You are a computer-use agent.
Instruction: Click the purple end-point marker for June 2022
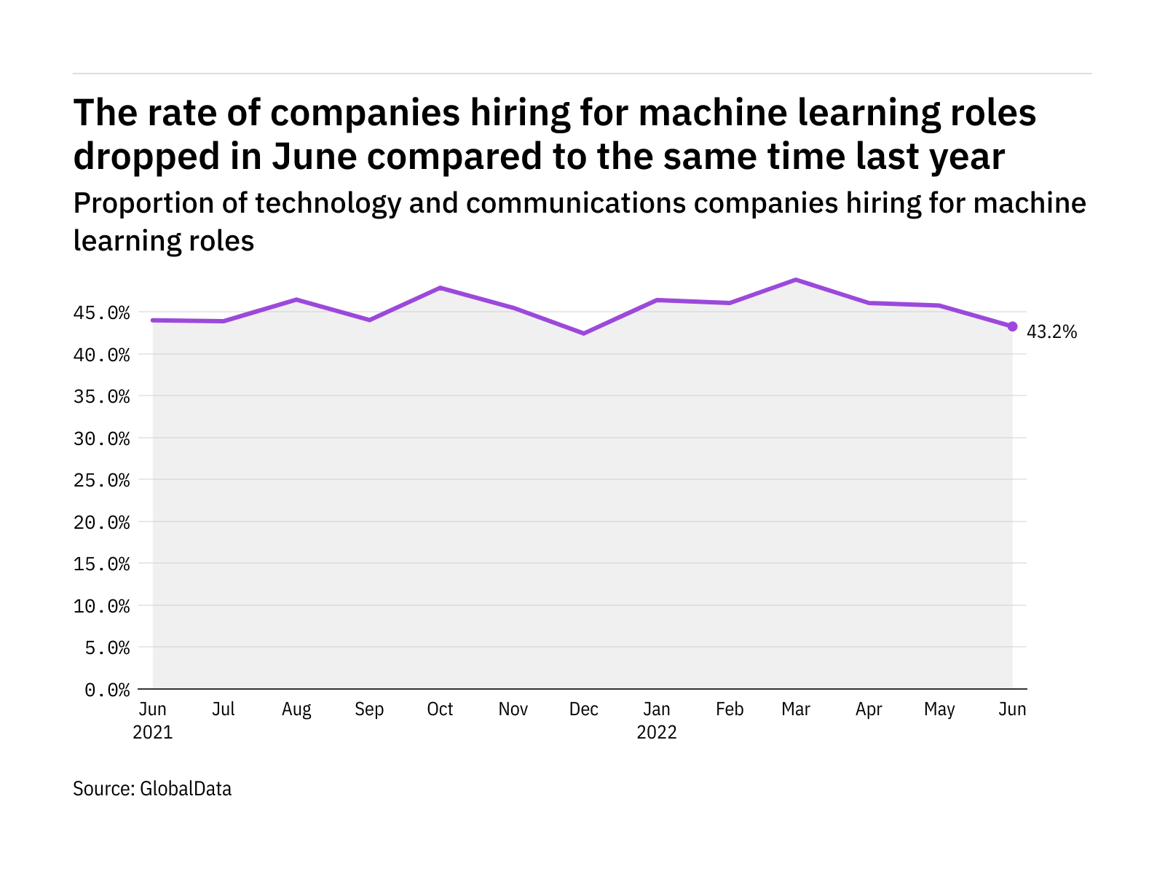click(x=1012, y=326)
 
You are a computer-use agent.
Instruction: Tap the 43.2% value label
click(x=1051, y=332)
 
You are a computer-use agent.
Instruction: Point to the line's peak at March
click(x=796, y=280)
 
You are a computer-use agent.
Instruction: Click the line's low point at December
click(x=584, y=334)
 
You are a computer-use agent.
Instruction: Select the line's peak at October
click(x=441, y=288)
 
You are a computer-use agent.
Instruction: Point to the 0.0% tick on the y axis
click(x=107, y=690)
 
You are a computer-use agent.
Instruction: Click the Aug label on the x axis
click(x=296, y=709)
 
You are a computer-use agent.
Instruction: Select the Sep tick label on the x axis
click(x=369, y=709)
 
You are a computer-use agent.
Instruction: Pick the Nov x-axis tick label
click(x=513, y=709)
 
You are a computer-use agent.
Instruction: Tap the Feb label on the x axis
click(x=730, y=709)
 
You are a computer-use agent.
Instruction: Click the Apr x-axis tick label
click(x=869, y=709)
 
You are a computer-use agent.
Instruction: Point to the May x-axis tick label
click(x=939, y=709)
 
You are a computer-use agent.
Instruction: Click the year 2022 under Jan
click(x=657, y=733)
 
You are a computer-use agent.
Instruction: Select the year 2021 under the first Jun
click(x=153, y=733)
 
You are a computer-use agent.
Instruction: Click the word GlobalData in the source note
click(x=186, y=789)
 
